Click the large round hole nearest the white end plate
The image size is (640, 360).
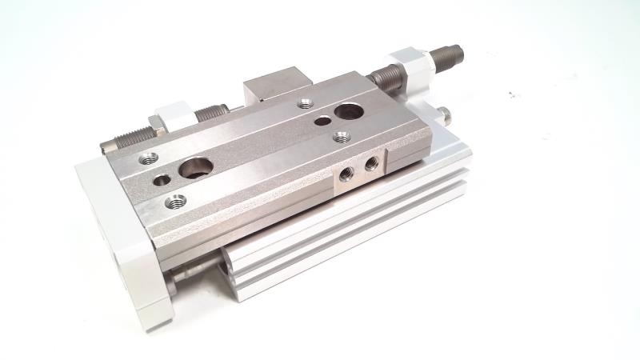(x=195, y=169)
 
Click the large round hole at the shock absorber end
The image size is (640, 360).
(x=348, y=111)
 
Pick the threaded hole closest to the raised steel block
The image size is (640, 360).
(x=304, y=102)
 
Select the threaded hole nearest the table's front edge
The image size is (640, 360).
(x=171, y=202)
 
